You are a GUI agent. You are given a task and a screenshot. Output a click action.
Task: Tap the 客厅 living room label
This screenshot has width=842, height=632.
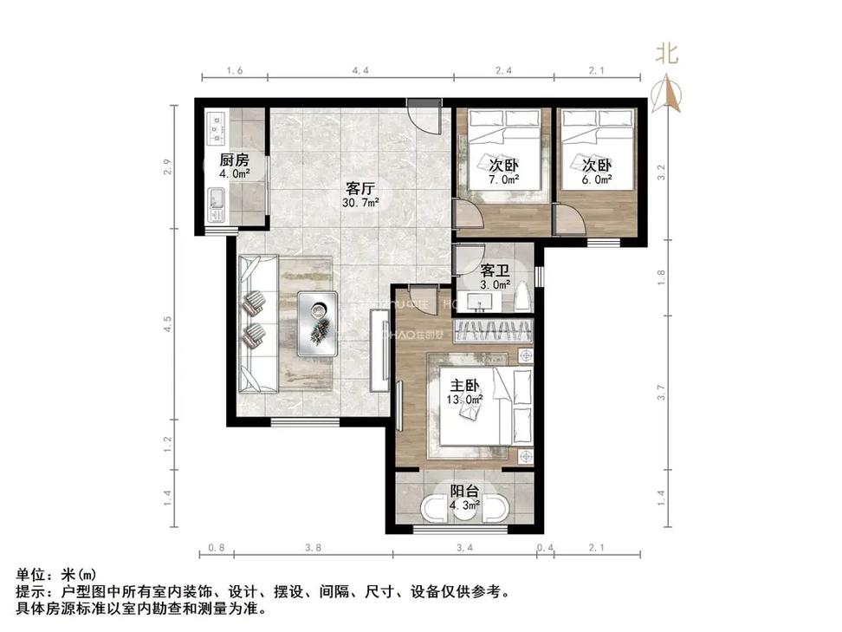(x=359, y=188)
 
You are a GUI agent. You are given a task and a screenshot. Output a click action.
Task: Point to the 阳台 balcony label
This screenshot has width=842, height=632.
(x=466, y=491)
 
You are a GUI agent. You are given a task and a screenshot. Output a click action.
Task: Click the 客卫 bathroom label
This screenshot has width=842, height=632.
(x=495, y=269)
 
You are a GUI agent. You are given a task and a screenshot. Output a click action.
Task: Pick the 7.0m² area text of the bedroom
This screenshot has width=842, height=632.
(x=503, y=179)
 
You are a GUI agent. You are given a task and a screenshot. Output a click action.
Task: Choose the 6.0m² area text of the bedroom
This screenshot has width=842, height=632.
(x=597, y=179)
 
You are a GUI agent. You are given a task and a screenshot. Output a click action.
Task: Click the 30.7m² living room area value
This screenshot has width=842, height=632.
(x=359, y=204)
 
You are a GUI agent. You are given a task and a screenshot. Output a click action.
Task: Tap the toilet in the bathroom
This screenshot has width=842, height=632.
(x=521, y=299)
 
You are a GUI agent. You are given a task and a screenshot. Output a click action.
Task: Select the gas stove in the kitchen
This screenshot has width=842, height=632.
(x=216, y=129)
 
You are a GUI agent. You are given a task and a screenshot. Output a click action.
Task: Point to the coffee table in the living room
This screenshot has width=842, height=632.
(x=318, y=323)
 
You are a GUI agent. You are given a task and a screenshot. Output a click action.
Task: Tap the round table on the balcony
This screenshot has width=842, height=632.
(x=465, y=509)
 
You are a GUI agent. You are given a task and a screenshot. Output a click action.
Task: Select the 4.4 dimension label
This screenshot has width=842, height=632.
(x=360, y=70)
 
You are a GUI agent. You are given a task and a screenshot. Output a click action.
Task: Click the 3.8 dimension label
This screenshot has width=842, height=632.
(x=314, y=548)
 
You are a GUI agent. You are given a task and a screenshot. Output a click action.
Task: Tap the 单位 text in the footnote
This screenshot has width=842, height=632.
(x=31, y=576)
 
